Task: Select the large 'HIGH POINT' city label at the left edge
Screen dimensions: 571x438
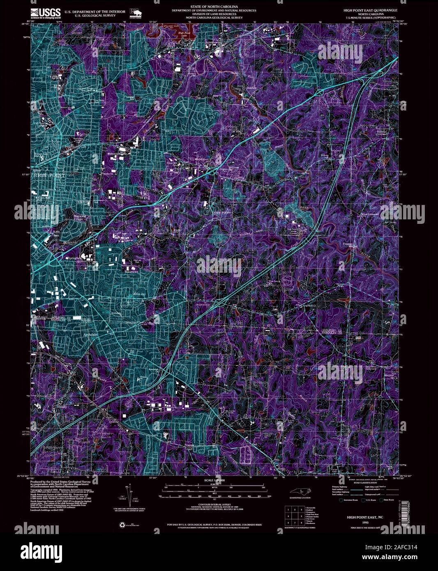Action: point(49,175)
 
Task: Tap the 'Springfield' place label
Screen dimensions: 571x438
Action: point(74,258)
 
